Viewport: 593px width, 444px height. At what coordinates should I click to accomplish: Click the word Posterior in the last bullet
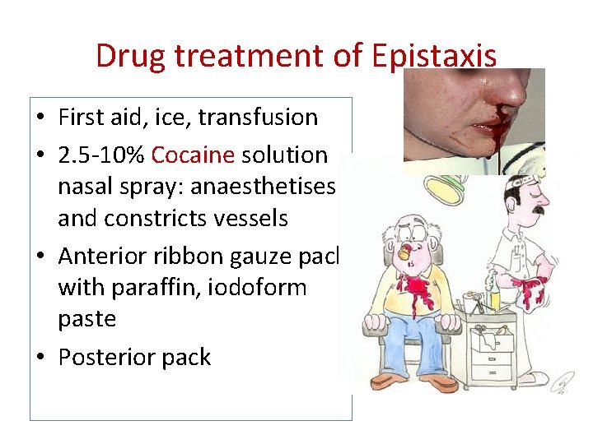coord(105,357)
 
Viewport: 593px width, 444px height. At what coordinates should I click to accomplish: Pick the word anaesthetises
coord(263,187)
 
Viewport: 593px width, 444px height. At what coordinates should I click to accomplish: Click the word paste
coord(86,319)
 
